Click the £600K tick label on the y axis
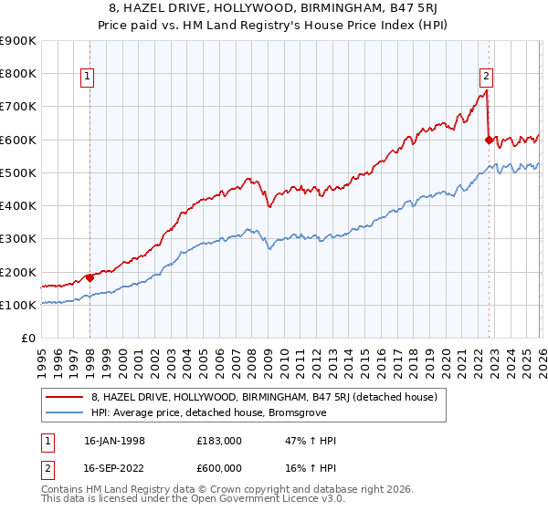tap(17, 140)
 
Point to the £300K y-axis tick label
tap(17, 239)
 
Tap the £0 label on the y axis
tap(28, 339)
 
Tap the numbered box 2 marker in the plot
tap(486, 78)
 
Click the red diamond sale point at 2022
tap(489, 140)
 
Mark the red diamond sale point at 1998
tap(90, 277)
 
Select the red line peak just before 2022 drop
tap(486, 90)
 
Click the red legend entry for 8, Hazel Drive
tap(264, 397)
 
